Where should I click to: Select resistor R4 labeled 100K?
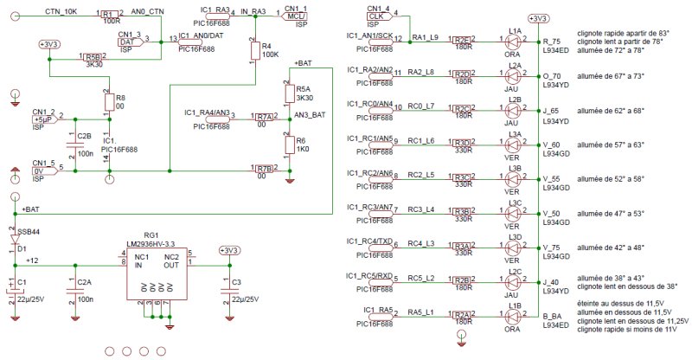pos(254,51)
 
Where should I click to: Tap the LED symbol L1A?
pos(514,40)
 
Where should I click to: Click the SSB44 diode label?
pos(28,231)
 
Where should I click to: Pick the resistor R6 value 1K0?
pos(303,150)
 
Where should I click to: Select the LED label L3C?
pos(516,202)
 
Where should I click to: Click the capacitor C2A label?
pos(84,283)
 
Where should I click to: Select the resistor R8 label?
pos(120,98)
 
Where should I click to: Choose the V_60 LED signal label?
pos(553,145)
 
